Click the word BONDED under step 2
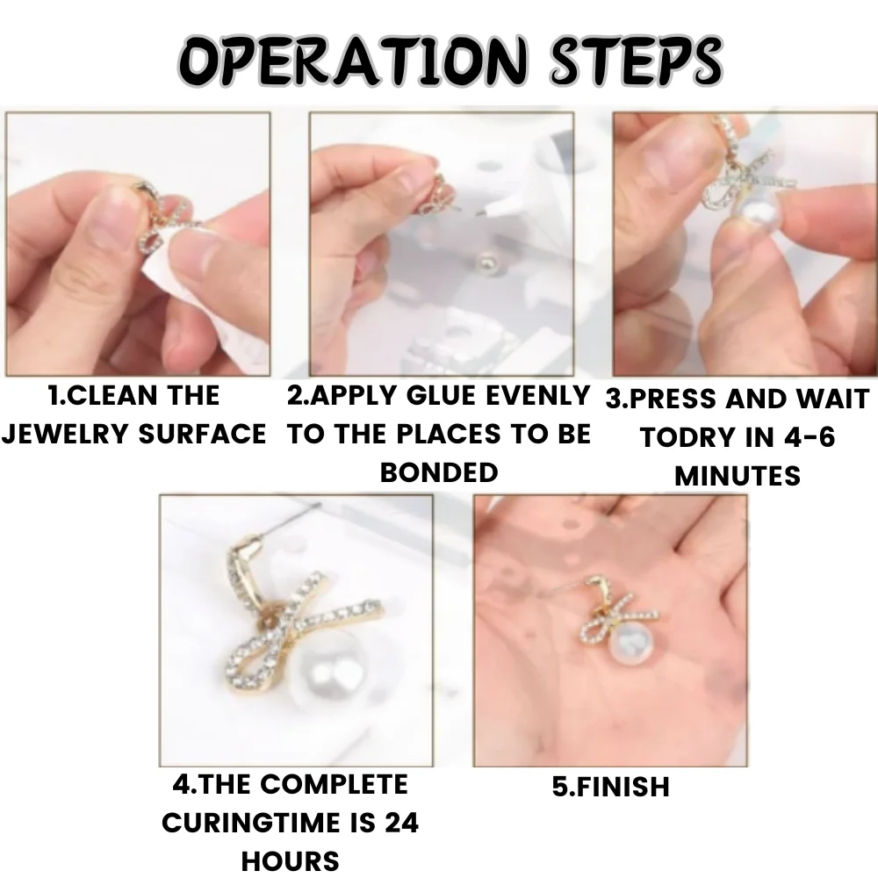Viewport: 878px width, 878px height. (x=439, y=472)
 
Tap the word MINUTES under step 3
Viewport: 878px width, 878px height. (x=738, y=475)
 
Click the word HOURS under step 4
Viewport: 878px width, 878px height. (x=290, y=860)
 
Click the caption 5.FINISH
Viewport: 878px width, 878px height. (x=610, y=786)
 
